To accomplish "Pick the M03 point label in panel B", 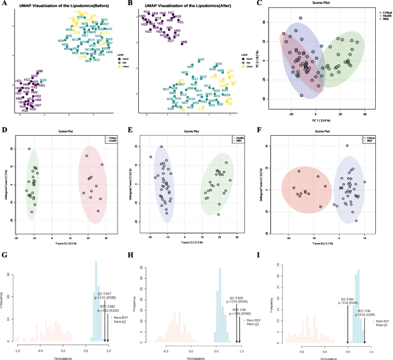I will [x=201, y=60].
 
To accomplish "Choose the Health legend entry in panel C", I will [x=379, y=15].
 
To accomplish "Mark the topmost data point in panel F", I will [x=347, y=146].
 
